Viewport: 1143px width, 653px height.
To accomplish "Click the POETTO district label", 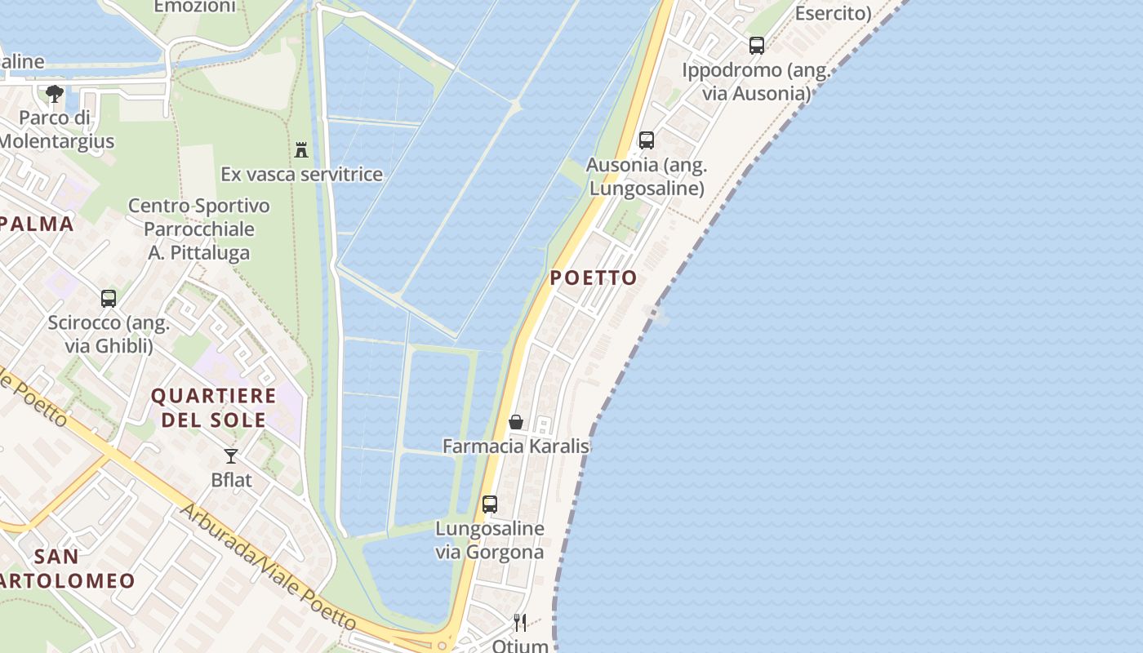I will point(594,278).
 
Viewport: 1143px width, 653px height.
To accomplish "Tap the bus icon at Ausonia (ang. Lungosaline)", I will point(647,140).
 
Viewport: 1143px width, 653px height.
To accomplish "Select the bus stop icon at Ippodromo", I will point(757,46).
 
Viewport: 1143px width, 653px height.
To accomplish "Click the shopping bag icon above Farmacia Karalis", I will point(516,422).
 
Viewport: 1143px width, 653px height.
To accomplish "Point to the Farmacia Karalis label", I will point(516,446).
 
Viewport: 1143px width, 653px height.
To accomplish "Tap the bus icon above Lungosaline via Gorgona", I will point(490,504).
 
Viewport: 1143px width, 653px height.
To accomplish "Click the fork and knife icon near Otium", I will point(520,623).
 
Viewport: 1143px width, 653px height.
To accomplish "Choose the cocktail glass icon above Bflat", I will point(231,455).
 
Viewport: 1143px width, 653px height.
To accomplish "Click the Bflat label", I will point(232,480).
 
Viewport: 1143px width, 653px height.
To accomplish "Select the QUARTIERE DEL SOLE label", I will point(214,408).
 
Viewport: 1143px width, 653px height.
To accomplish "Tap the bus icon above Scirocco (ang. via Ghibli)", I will point(109,299).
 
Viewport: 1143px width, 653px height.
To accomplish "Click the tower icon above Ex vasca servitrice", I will point(301,149).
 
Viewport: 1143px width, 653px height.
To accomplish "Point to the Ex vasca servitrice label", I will point(301,175).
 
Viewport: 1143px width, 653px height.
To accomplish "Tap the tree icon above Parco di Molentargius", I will point(55,94).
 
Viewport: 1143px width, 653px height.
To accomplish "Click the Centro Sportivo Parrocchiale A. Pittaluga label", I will point(199,229).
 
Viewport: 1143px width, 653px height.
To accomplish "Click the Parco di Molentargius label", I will point(56,130).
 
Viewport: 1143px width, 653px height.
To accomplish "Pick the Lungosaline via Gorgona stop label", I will point(490,540).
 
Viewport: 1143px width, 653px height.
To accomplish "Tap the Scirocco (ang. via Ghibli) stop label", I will point(109,334).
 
